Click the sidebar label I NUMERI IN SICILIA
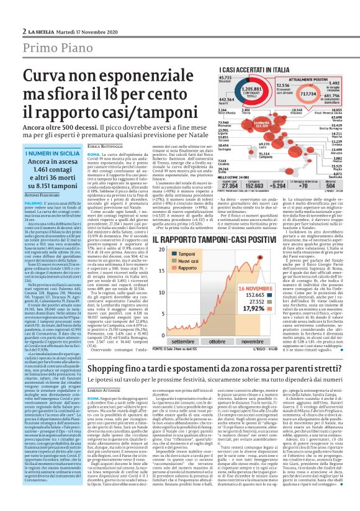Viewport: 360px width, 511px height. [52, 153]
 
